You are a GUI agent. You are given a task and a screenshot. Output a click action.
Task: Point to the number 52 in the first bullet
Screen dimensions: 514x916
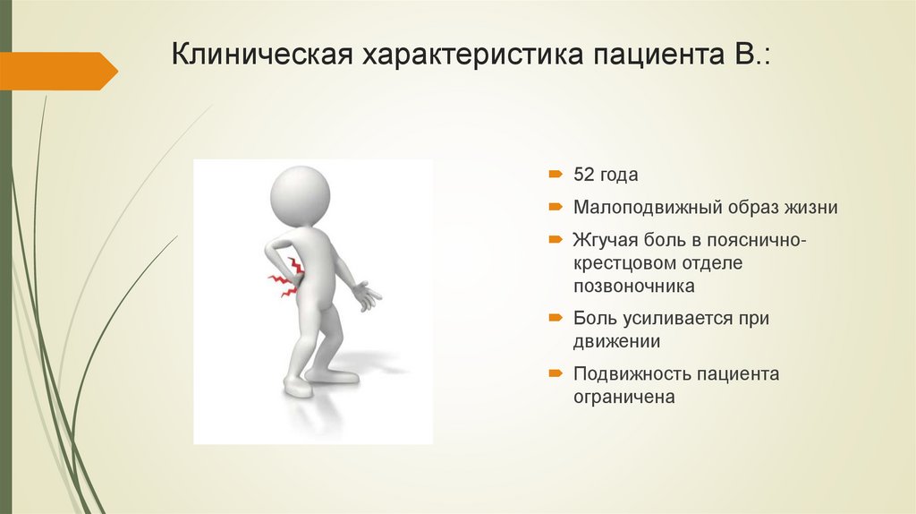point(584,175)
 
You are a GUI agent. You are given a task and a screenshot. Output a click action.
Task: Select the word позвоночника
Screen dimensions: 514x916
point(634,287)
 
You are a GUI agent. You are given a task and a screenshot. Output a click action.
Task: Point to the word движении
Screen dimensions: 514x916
point(616,341)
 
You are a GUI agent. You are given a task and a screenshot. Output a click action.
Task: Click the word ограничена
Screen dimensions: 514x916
point(623,396)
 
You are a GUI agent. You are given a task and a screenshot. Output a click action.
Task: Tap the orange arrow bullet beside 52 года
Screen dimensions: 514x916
point(556,174)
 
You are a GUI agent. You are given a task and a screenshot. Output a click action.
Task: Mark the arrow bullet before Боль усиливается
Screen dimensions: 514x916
point(556,318)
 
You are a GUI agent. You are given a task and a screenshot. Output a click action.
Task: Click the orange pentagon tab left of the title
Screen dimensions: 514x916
point(58,71)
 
